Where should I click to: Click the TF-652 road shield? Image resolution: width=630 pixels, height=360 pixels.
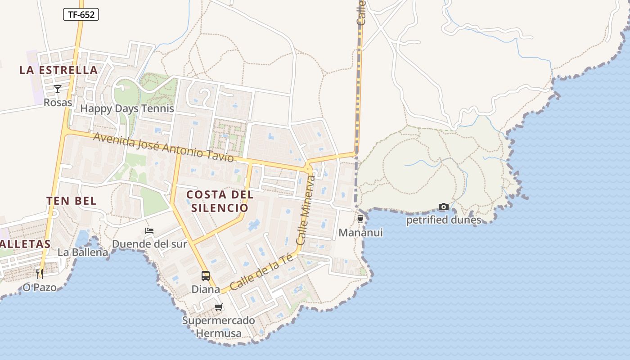[81, 14]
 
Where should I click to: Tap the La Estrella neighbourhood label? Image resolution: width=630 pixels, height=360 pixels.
[58, 70]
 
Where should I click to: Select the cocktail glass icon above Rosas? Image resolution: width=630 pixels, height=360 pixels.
[58, 89]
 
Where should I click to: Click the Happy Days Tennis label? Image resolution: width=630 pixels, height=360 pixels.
[127, 108]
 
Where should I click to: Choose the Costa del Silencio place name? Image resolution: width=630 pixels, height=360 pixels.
[220, 201]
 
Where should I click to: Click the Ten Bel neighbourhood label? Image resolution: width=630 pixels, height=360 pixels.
[72, 201]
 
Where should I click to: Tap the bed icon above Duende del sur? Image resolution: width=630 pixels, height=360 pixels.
[149, 231]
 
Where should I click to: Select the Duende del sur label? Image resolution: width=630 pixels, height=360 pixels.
[149, 244]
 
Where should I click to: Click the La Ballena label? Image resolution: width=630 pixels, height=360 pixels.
[83, 252]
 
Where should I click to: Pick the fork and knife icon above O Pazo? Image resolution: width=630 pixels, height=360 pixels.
[40, 274]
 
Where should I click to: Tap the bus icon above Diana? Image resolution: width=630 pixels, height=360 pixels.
[206, 275]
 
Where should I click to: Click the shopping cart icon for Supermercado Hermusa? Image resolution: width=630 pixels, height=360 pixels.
[219, 307]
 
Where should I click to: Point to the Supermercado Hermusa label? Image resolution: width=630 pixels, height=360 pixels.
[219, 327]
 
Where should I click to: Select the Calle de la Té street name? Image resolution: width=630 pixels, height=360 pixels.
[261, 272]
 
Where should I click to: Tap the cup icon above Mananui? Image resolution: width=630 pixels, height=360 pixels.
[360, 219]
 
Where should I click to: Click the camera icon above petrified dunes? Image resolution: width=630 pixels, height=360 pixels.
[444, 207]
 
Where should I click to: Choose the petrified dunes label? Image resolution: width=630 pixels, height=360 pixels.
[444, 220]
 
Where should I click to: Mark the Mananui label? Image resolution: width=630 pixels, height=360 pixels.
[360, 233]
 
